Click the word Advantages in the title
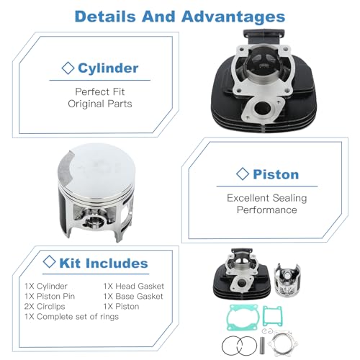pos(233,17)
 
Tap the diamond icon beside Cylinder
pos(68,68)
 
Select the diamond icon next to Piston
pos(243,174)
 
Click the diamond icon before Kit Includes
pos(50,261)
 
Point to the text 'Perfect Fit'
pos(100,91)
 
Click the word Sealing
pos(289,198)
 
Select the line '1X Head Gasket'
pos(134,286)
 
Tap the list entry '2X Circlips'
pos(45,307)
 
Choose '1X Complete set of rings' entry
pos(71,317)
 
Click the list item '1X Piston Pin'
pos(50,296)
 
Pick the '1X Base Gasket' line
pos(133,296)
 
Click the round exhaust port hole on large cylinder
pos(262,108)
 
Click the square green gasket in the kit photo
pos(272,316)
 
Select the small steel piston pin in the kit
pos(262,346)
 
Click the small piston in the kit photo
pos(287,280)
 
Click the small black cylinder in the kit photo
pos(242,274)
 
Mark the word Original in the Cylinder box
pos(86,104)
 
